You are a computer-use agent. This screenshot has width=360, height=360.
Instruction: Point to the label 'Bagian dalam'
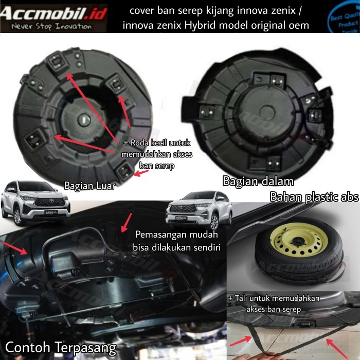[258, 181]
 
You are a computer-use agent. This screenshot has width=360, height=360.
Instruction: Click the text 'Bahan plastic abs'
[314, 198]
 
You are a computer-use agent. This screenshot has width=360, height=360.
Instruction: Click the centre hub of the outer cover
[83, 118]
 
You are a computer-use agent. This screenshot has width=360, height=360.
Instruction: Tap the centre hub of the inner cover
[268, 114]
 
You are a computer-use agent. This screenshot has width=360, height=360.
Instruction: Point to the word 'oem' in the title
[299, 25]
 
